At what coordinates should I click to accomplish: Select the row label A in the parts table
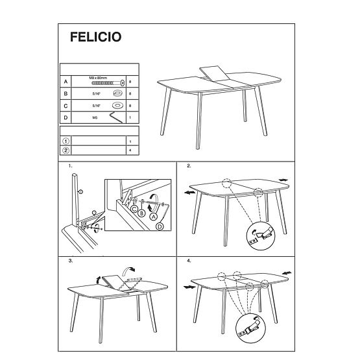[65, 82]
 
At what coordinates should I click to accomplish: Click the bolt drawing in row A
[108, 83]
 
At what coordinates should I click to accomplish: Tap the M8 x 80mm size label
[100, 77]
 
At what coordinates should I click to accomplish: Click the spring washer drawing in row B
[117, 93]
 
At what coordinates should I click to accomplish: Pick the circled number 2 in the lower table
[65, 150]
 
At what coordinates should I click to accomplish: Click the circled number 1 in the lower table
[65, 141]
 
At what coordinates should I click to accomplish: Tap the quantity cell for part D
[130, 117]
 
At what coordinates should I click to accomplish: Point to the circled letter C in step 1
[134, 209]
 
